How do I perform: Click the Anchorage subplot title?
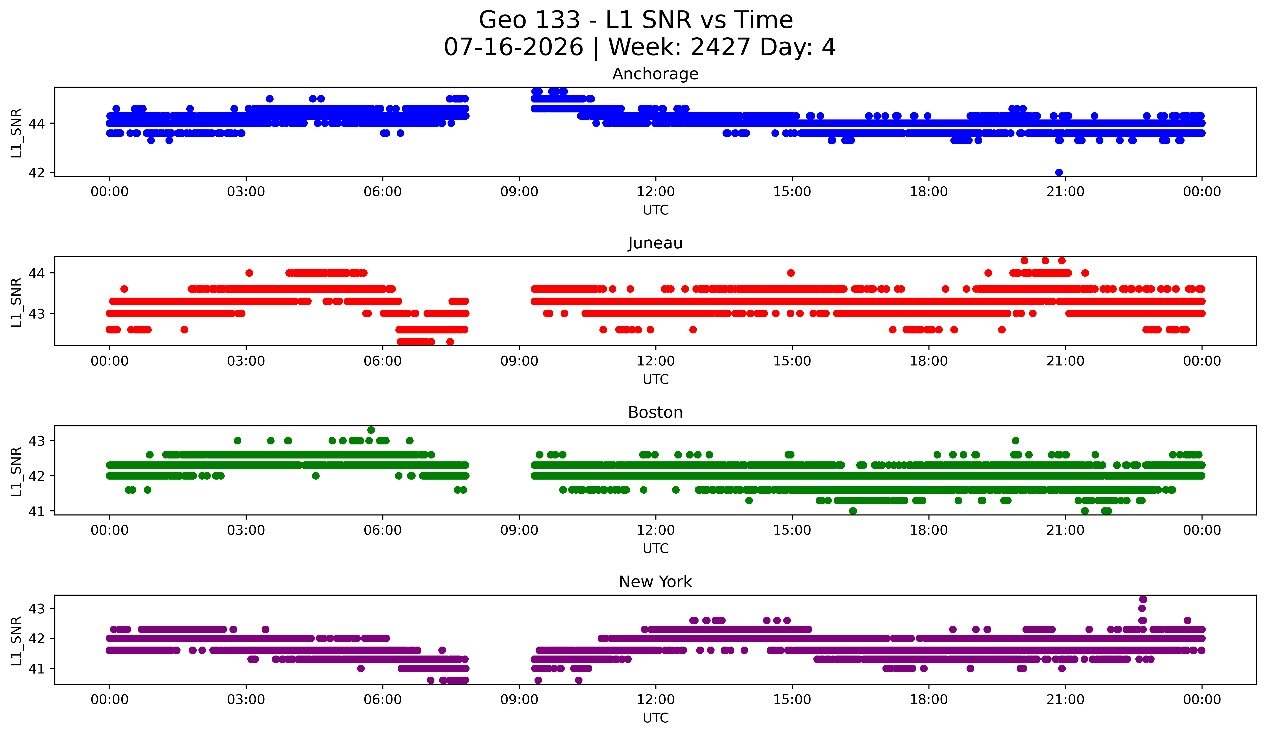(655, 74)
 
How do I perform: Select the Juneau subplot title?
(655, 243)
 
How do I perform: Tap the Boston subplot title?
(655, 412)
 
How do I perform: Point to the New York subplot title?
(655, 582)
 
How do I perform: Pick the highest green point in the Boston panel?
(371, 430)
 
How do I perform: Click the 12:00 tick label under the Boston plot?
(656, 530)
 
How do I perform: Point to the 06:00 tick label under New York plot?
(383, 700)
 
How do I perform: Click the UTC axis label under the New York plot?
(656, 718)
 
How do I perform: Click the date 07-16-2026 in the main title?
(513, 47)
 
